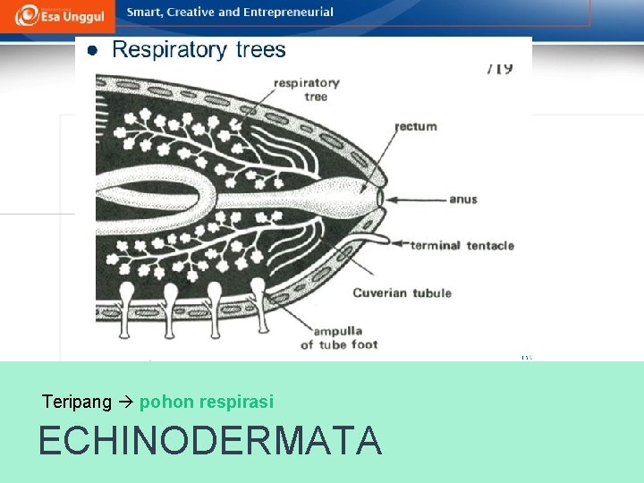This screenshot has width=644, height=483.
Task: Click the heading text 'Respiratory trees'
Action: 199,49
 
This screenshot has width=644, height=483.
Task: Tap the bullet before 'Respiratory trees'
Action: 91,51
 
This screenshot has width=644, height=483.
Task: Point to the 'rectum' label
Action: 416,126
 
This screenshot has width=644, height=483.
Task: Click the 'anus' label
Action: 463,199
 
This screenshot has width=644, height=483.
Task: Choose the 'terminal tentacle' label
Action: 462,245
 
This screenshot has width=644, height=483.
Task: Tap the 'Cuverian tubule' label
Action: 402,292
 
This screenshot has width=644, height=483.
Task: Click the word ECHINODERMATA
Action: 210,441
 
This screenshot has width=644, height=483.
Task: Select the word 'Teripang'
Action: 76,402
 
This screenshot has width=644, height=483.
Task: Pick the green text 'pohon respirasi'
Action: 207,402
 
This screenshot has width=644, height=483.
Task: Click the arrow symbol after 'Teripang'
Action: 125,402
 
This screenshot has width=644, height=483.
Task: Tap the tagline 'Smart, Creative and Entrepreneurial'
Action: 230,13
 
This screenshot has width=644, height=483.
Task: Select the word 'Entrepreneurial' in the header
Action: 292,13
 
